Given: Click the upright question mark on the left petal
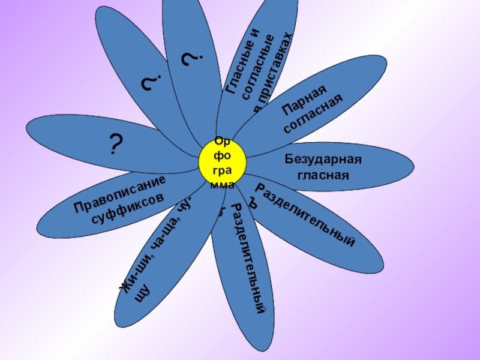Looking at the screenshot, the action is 116,145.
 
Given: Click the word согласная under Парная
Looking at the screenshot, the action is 315,115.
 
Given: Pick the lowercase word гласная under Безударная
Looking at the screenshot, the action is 323,175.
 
